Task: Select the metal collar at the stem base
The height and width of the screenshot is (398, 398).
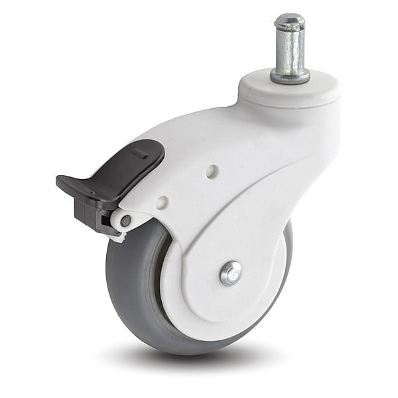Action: (x=290, y=76)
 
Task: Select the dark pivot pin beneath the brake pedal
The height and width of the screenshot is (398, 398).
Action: (x=125, y=221)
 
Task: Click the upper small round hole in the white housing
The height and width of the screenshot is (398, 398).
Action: (x=211, y=171)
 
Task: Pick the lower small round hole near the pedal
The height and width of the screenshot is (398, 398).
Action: (x=163, y=202)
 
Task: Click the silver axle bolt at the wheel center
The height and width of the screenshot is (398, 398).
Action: (x=231, y=273)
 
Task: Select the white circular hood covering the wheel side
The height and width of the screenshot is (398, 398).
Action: (x=199, y=292)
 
